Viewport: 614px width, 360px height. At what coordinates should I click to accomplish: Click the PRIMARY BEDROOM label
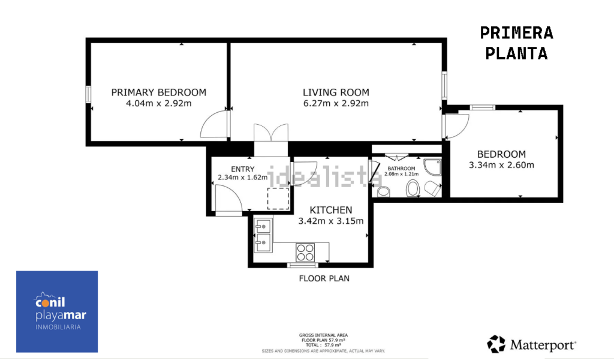(158, 92)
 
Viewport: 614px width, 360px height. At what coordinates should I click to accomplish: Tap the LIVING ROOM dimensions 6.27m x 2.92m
(336, 103)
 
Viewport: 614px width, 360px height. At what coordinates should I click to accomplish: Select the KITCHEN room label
(331, 210)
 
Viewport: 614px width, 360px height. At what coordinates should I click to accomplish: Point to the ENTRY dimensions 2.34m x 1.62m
(242, 178)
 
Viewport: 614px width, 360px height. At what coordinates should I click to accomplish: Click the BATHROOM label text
(401, 169)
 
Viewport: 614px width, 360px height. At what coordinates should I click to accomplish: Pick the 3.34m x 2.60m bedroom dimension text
(501, 165)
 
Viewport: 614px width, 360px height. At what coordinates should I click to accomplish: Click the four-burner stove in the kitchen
(305, 252)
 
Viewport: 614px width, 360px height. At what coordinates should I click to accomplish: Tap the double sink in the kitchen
(263, 234)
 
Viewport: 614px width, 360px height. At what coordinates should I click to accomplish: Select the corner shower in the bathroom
(433, 167)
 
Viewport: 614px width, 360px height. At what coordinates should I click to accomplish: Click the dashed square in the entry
(278, 198)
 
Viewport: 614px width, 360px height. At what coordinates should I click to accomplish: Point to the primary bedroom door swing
(215, 125)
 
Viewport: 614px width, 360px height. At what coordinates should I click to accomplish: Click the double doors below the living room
(271, 133)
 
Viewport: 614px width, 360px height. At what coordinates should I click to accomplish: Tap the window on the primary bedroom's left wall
(89, 94)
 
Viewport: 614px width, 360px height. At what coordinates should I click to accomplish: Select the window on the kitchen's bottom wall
(303, 265)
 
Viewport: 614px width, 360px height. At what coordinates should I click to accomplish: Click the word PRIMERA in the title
(516, 33)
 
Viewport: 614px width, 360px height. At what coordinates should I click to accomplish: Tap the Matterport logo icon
(496, 344)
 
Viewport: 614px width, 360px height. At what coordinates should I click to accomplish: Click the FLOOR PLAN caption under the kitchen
(324, 278)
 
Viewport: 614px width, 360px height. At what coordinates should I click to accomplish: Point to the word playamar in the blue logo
(61, 316)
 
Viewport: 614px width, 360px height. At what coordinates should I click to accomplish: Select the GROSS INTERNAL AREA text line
(323, 335)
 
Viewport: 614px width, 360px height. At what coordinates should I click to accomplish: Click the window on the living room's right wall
(444, 85)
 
